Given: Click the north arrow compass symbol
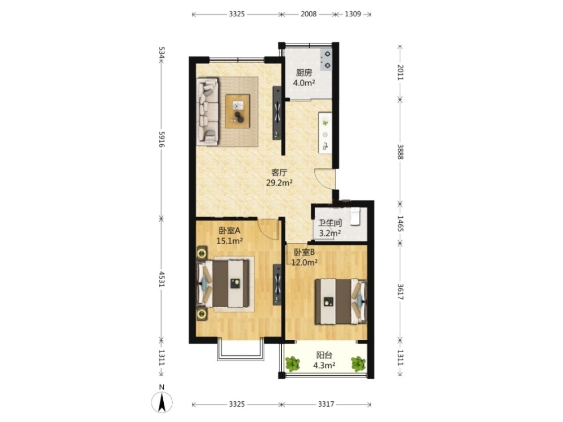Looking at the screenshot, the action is click(x=162, y=402).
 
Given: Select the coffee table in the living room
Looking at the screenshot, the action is click(x=238, y=111).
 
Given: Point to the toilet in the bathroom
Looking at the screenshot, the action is click(x=355, y=216).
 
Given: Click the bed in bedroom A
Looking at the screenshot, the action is click(x=223, y=284).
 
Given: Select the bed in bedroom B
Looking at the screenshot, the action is click(x=341, y=302).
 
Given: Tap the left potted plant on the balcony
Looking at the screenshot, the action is click(x=293, y=364).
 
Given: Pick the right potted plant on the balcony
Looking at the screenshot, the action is click(x=358, y=364).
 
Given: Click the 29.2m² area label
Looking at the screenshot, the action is click(x=279, y=183).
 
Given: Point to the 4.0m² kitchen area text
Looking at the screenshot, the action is click(x=304, y=83).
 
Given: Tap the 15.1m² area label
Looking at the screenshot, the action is click(x=230, y=241).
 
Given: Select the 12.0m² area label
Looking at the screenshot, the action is click(x=304, y=262).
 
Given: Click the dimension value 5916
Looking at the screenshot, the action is click(x=161, y=140).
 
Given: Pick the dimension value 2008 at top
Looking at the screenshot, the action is click(x=309, y=14).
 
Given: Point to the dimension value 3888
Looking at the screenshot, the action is click(x=400, y=152).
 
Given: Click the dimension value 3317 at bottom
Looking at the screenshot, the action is click(x=325, y=405).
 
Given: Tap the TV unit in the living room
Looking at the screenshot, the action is click(x=277, y=113).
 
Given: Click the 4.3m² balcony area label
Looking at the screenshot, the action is click(x=324, y=366).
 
